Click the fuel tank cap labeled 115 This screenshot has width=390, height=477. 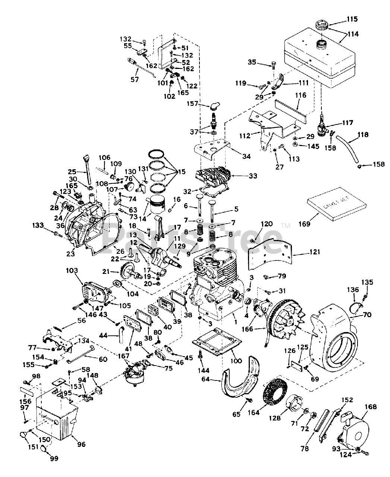(321, 26)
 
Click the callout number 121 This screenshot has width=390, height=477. (315, 252)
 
